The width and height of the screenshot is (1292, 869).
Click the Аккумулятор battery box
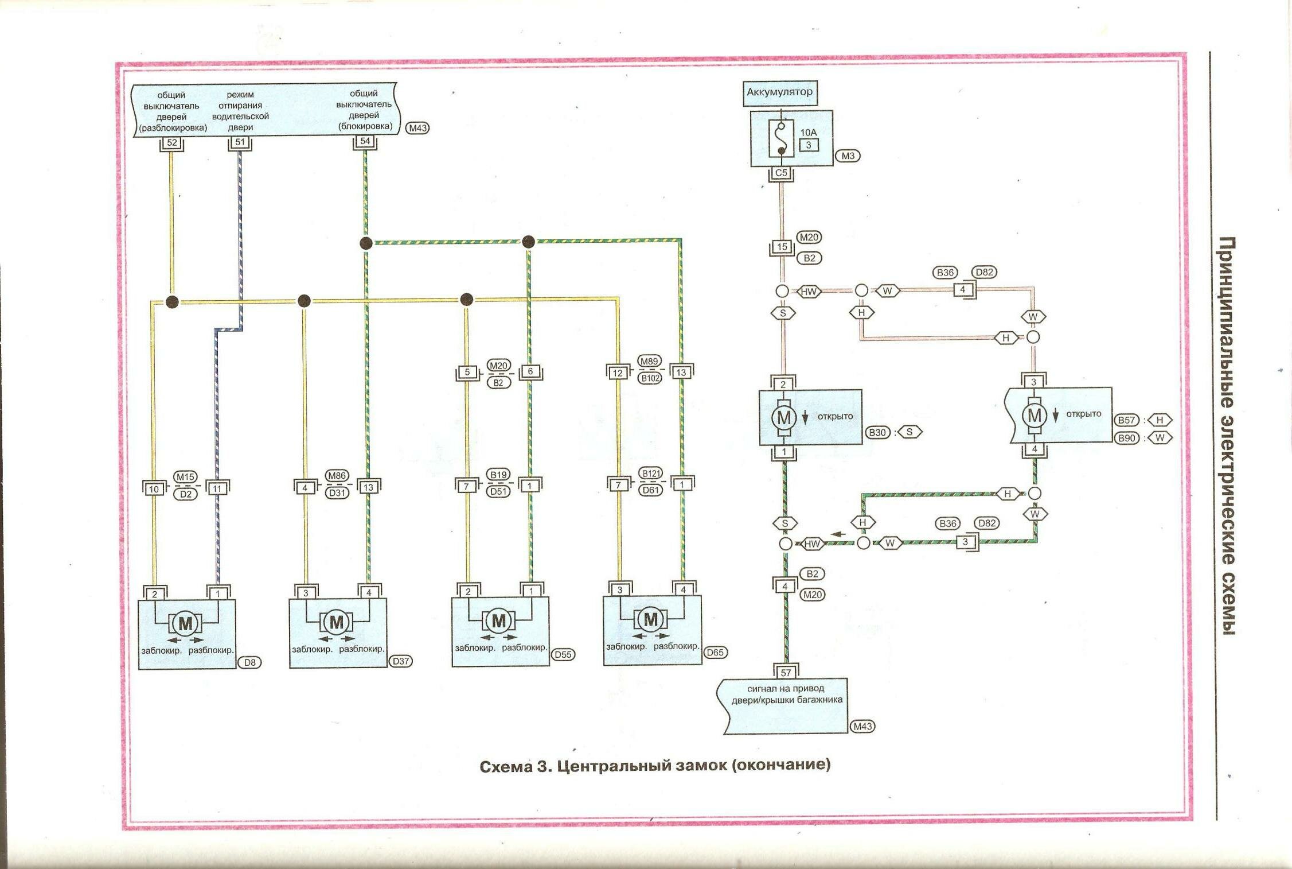pos(779,92)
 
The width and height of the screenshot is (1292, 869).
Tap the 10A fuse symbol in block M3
pos(781,138)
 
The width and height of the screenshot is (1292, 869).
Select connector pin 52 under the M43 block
pos(171,142)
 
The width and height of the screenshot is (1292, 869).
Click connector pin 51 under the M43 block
pos(240,142)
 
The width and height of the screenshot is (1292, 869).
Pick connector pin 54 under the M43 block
pos(365,141)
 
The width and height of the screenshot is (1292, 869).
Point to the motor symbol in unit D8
pos(185,623)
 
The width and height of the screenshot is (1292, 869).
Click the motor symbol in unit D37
pos(336,622)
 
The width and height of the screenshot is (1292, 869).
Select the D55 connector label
pos(563,654)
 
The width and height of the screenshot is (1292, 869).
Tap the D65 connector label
pos(715,653)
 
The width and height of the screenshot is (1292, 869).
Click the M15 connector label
pos(185,477)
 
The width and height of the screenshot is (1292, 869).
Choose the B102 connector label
pos(650,378)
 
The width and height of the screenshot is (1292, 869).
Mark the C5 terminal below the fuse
pos(781,173)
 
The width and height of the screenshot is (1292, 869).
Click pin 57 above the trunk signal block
pos(786,673)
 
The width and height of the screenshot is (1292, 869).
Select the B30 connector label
pos(877,432)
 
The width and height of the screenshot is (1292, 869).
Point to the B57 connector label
pos(1127,420)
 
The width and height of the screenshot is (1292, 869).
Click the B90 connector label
pos(1127,438)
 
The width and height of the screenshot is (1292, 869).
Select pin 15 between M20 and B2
pos(782,247)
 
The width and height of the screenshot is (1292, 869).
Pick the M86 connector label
pos(337,476)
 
